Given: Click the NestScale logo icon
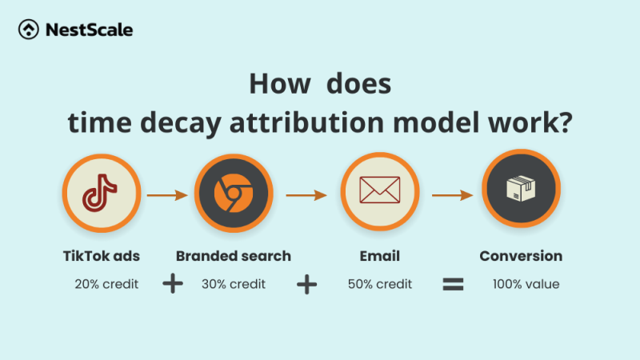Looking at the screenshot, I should pyautogui.click(x=30, y=30).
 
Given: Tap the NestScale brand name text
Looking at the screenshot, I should pyautogui.click(x=88, y=30).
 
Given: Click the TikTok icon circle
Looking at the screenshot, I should pyautogui.click(x=101, y=192).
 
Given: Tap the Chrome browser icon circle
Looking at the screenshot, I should pyautogui.click(x=233, y=192).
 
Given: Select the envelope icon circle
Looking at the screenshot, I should pyautogui.click(x=379, y=192).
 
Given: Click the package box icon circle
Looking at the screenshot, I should pyautogui.click(x=521, y=192).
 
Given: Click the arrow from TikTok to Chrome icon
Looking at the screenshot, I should pyautogui.click(x=166, y=194).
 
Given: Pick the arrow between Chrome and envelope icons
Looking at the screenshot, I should pyautogui.click(x=306, y=194).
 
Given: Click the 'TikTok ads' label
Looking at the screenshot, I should pyautogui.click(x=101, y=257).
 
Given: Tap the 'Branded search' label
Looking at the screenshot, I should pyautogui.click(x=233, y=257).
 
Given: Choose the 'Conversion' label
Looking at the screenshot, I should pyautogui.click(x=521, y=257).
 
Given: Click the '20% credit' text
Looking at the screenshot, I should pyautogui.click(x=106, y=284).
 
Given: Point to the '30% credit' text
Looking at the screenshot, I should pyautogui.click(x=233, y=284).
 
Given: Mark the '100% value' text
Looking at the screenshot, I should pyautogui.click(x=526, y=284).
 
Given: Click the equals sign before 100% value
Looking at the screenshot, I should pyautogui.click(x=454, y=284).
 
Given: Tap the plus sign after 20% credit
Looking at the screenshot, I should pyautogui.click(x=172, y=284).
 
